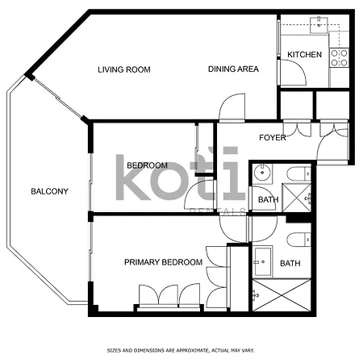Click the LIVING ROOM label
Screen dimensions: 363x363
124,69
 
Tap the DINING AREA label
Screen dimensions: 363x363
233,69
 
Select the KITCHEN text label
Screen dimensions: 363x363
304,55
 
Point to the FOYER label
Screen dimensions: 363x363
272,138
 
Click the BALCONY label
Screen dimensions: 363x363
49,191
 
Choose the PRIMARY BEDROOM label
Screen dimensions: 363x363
163,262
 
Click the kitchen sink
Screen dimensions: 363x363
320,25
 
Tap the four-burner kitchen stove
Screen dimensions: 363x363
340,57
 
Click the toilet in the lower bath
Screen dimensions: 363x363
296,239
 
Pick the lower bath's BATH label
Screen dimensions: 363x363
290,263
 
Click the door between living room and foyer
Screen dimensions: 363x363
232,108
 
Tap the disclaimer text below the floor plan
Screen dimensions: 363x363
181,351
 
